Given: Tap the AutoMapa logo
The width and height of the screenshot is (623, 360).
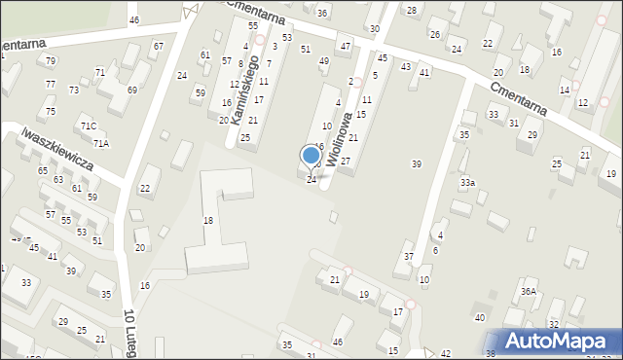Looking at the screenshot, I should click(560, 341).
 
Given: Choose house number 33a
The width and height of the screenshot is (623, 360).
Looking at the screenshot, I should click(468, 183).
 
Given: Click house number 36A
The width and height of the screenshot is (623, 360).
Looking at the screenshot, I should click(529, 291).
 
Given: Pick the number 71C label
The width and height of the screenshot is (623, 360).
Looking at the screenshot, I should click(89, 126).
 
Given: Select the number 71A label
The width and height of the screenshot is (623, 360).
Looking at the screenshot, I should click(101, 144).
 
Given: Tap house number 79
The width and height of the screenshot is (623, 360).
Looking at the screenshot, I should click(51, 61).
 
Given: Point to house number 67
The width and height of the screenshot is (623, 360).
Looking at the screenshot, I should click(158, 47).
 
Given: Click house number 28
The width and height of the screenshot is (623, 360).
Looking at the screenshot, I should click(411, 11).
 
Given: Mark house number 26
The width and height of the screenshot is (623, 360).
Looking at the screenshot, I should click(435, 35).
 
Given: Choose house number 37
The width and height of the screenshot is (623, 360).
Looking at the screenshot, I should click(409, 257).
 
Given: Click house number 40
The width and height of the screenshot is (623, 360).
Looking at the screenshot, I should click(479, 318).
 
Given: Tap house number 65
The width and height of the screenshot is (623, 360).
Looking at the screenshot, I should click(43, 171).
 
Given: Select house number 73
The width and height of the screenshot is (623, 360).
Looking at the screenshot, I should click(74, 90).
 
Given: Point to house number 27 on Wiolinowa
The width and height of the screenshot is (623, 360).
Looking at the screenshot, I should click(345, 161).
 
